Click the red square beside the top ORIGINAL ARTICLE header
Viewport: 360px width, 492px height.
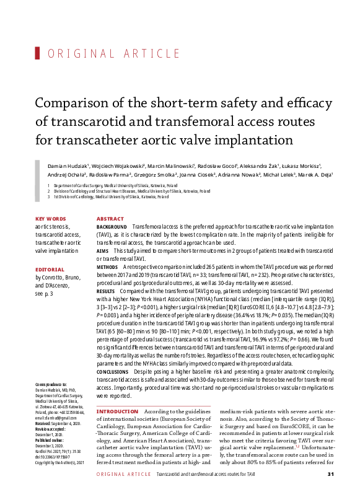[x=38, y=53]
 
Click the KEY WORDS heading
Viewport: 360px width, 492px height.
[x=51, y=219]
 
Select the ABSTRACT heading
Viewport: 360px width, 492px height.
[x=110, y=219]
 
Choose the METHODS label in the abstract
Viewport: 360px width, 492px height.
[x=108, y=266]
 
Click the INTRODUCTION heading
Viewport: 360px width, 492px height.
[x=118, y=411]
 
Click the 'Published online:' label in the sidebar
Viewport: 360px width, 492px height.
[x=50, y=446]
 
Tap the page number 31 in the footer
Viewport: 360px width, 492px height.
[x=331, y=474]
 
